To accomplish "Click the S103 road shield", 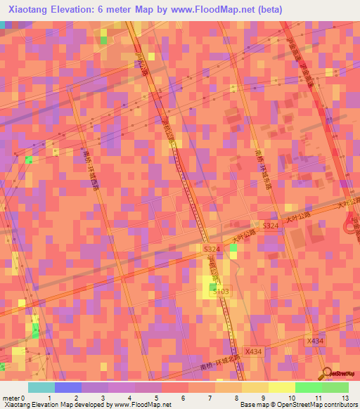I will (222, 291).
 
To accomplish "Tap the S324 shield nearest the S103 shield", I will (212, 249).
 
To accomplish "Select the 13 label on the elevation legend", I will (345, 397).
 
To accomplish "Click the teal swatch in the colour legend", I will (41, 387).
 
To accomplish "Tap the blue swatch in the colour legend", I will (68, 387).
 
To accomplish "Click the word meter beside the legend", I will (10, 397).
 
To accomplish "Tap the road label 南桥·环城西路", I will (90, 169).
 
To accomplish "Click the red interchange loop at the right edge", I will (352, 226).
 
